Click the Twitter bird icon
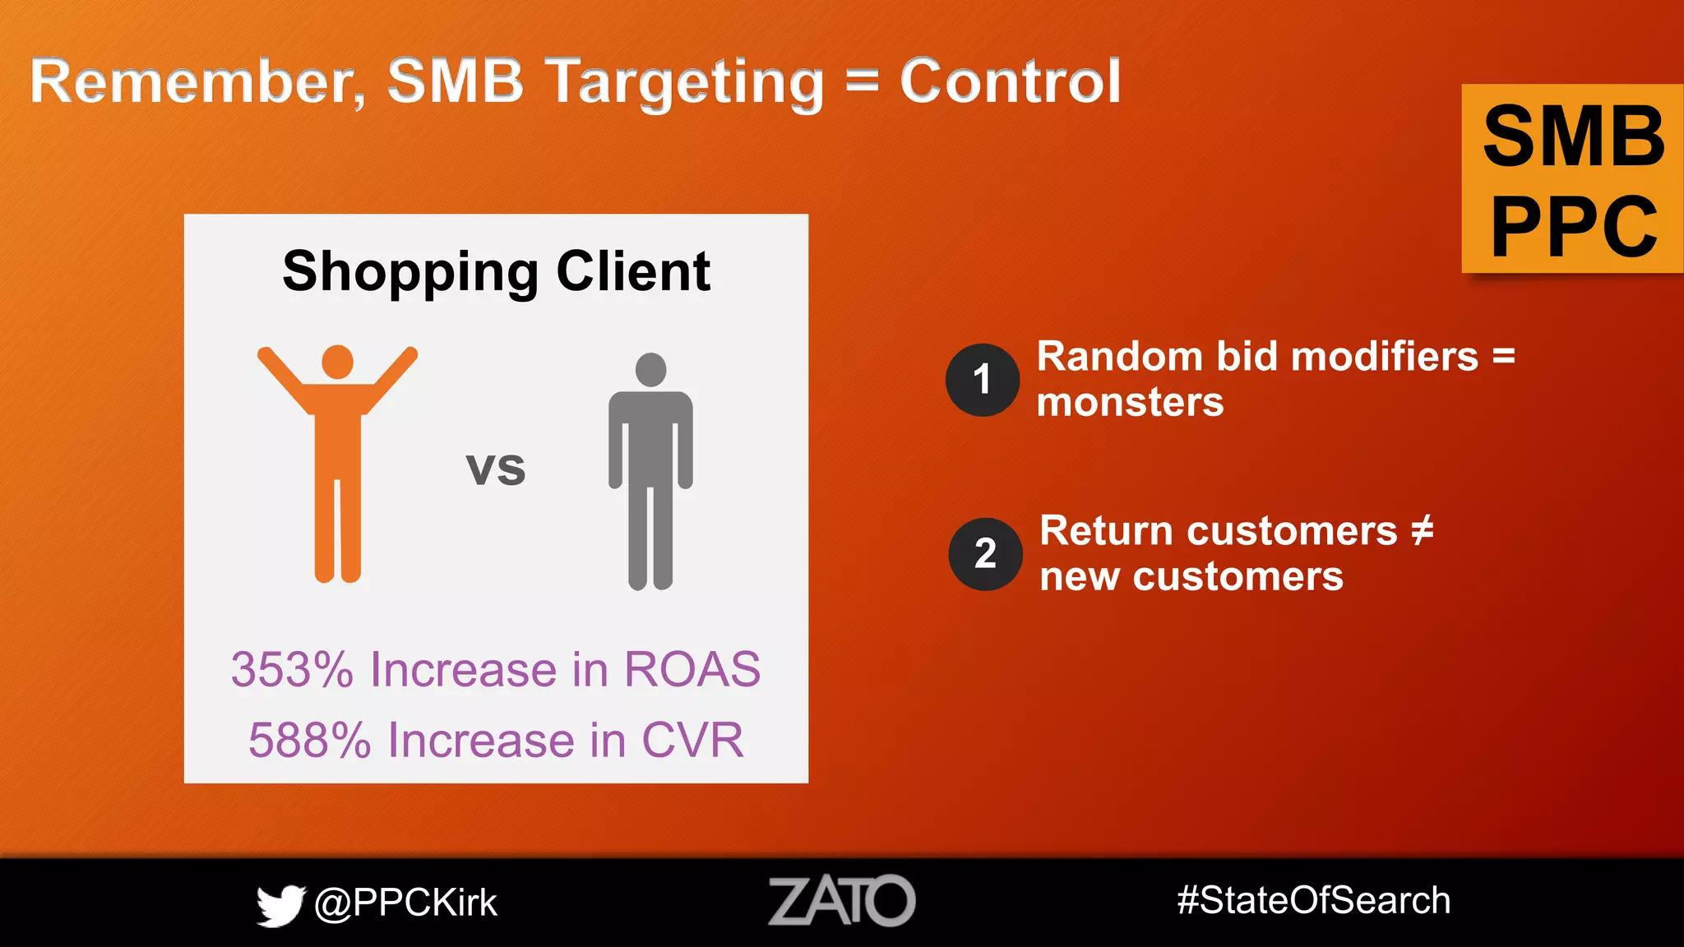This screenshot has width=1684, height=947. tap(280, 905)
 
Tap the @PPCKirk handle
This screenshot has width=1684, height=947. tap(405, 903)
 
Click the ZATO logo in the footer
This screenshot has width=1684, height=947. tap(841, 901)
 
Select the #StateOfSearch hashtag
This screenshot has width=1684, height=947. tap(1313, 900)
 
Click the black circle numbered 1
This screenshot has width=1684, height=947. tap(982, 380)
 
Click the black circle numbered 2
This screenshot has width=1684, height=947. tap(985, 554)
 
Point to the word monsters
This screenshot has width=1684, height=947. tap(1130, 403)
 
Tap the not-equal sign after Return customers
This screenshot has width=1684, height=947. tap(1423, 530)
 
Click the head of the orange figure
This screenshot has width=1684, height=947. tap(337, 362)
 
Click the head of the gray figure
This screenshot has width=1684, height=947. tap(650, 369)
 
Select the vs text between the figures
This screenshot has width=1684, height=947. tap(495, 469)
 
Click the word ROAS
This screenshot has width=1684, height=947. tap(692, 669)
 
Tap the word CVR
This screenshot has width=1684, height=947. tap(692, 740)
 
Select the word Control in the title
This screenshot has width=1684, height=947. tap(1010, 81)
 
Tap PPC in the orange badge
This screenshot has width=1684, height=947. tap(1574, 227)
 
